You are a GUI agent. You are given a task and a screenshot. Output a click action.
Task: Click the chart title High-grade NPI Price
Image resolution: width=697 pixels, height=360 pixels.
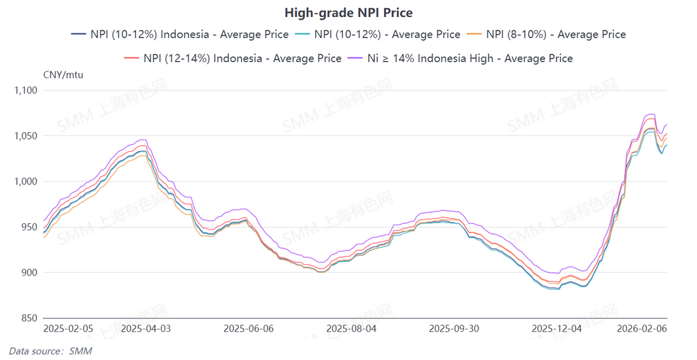click(x=348, y=13)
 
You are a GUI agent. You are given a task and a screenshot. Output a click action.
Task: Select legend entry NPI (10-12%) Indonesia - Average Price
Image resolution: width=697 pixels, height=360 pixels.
click(x=180, y=34)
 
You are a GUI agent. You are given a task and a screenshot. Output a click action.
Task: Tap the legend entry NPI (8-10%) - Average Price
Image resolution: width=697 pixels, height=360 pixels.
click(x=548, y=34)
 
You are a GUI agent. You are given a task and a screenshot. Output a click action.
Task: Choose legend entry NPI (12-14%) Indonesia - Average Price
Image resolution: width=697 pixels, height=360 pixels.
click(x=233, y=59)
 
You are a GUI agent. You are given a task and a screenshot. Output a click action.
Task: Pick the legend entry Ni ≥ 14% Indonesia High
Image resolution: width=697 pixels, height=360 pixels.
click(x=460, y=59)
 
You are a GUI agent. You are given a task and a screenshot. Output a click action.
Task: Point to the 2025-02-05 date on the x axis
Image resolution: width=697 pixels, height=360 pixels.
click(x=68, y=328)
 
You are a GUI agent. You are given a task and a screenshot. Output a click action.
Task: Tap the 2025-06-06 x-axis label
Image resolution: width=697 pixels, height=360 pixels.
click(x=248, y=328)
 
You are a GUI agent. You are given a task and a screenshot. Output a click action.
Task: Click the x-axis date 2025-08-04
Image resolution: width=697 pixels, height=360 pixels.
click(x=351, y=328)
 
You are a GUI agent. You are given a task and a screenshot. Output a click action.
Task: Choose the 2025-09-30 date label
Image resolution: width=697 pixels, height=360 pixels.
click(x=454, y=328)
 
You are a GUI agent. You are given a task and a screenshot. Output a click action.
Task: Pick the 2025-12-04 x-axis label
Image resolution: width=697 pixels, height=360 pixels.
click(x=556, y=328)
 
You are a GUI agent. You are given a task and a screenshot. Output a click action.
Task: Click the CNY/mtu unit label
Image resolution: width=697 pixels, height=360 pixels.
click(x=63, y=75)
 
